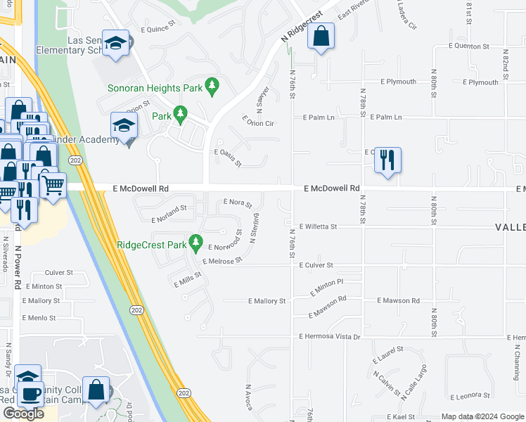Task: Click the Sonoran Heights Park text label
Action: pyautogui.click(x=155, y=88)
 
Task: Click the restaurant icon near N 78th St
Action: pyautogui.click(x=387, y=161)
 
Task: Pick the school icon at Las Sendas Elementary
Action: pyautogui.click(x=115, y=44)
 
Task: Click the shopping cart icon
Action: pyautogui.click(x=53, y=186)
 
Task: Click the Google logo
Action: pyautogui.click(x=23, y=414)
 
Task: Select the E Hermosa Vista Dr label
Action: pyautogui.click(x=329, y=337)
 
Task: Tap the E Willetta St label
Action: pyautogui.click(x=318, y=227)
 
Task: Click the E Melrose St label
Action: pyautogui.click(x=222, y=260)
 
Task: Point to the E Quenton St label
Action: pyautogui.click(x=468, y=46)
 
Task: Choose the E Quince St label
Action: pyautogui.click(x=158, y=30)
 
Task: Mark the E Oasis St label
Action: pyautogui.click(x=228, y=157)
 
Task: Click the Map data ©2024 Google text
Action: pyautogui.click(x=482, y=416)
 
